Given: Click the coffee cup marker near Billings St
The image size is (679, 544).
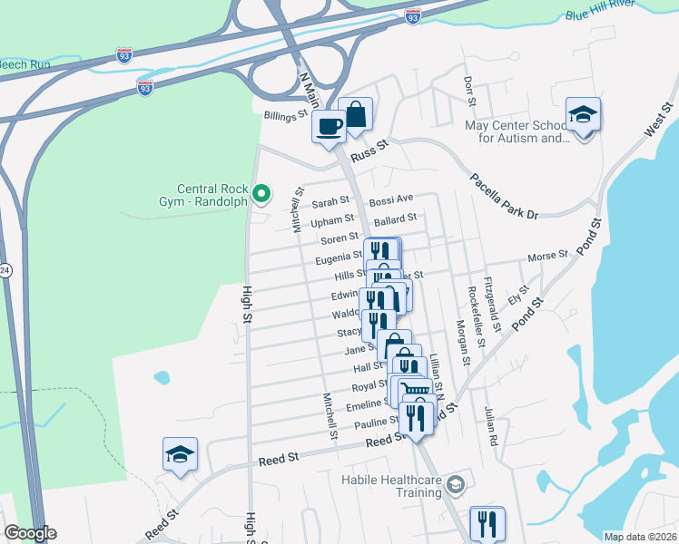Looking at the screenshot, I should [329, 125].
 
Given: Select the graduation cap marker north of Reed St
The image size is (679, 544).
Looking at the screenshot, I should [180, 453].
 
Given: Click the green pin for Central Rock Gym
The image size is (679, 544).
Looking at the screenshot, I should [261, 192].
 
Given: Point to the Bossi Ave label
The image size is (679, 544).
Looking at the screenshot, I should [391, 199].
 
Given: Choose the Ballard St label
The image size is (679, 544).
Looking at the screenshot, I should [395, 219].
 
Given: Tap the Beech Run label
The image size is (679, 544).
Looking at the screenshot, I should [22, 65].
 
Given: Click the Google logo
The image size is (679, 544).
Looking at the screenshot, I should [30, 533].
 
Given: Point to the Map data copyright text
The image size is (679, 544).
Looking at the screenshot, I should [640, 537].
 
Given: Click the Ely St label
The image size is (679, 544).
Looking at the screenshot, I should [518, 296].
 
